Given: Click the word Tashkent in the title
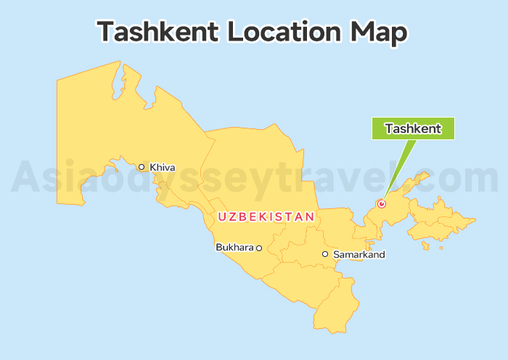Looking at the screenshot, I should click(x=157, y=32).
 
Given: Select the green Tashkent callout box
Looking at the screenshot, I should click(x=413, y=128).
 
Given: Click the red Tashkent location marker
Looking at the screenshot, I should click(x=382, y=204).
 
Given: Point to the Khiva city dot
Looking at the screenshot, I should click(x=142, y=167).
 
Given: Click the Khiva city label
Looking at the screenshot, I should click(x=163, y=168).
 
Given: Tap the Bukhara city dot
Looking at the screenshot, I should click(x=259, y=248).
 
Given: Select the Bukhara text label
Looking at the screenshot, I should click(x=234, y=247).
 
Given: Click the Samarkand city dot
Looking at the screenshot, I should click(x=325, y=254).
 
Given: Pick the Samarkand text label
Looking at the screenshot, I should click(x=359, y=255).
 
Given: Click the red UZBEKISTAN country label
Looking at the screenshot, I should click(x=266, y=216).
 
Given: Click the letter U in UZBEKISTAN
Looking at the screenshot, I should click(x=222, y=216).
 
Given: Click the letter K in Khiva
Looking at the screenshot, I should click(x=153, y=168).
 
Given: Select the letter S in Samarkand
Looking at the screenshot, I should click(x=335, y=255).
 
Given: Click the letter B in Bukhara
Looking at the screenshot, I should click(x=219, y=247).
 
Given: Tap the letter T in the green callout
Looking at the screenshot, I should click(x=389, y=128).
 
